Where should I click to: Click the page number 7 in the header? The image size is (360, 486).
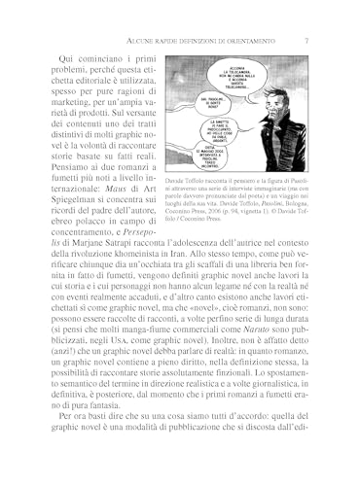click(x=307, y=40)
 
